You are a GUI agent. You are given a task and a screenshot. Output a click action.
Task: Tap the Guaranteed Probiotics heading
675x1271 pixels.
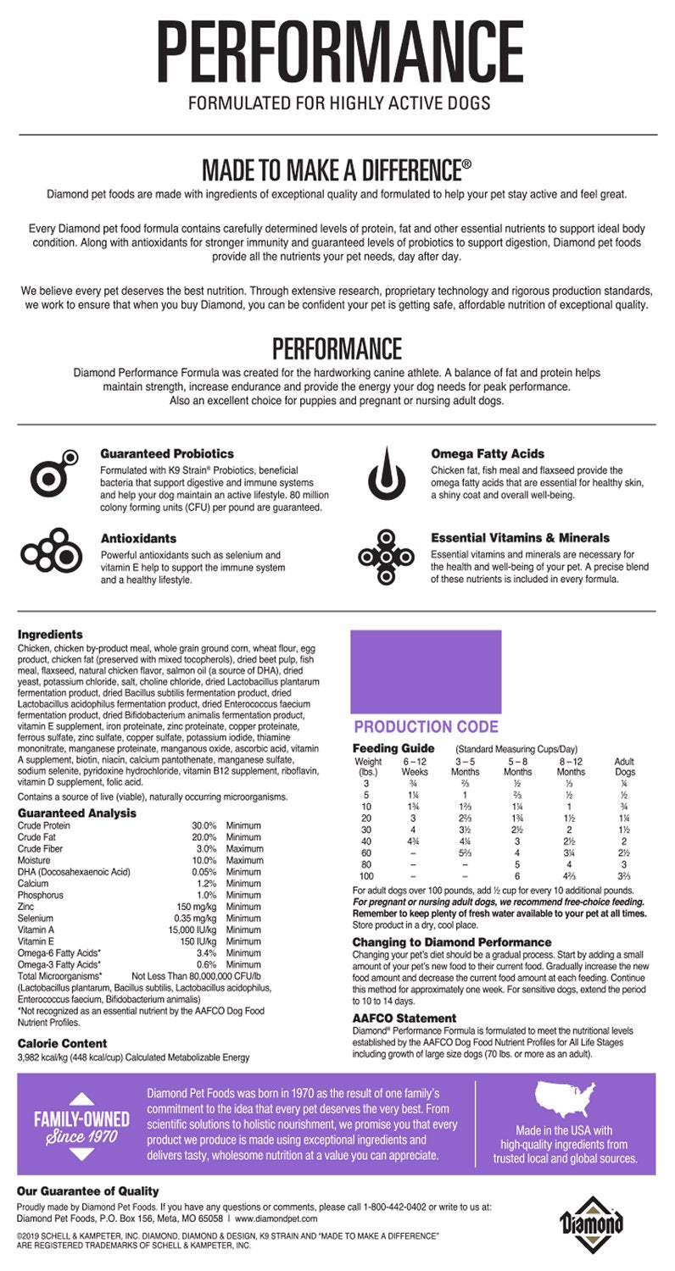pos(167,453)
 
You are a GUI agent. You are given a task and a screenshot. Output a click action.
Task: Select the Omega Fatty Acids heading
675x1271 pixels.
pos(487,453)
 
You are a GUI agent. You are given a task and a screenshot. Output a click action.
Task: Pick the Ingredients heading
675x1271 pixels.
pos(50,634)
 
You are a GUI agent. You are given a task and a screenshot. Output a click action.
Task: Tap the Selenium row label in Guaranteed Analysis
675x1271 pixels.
pos(35,918)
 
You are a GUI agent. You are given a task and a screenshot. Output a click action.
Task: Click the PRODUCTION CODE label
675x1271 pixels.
pos(426,727)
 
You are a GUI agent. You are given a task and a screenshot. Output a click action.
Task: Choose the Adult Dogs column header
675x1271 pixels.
pos(623,767)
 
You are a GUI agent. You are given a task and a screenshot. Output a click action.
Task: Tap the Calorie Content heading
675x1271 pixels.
pos(62,1043)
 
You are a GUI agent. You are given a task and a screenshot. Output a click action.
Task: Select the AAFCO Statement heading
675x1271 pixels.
pos(404,1018)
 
